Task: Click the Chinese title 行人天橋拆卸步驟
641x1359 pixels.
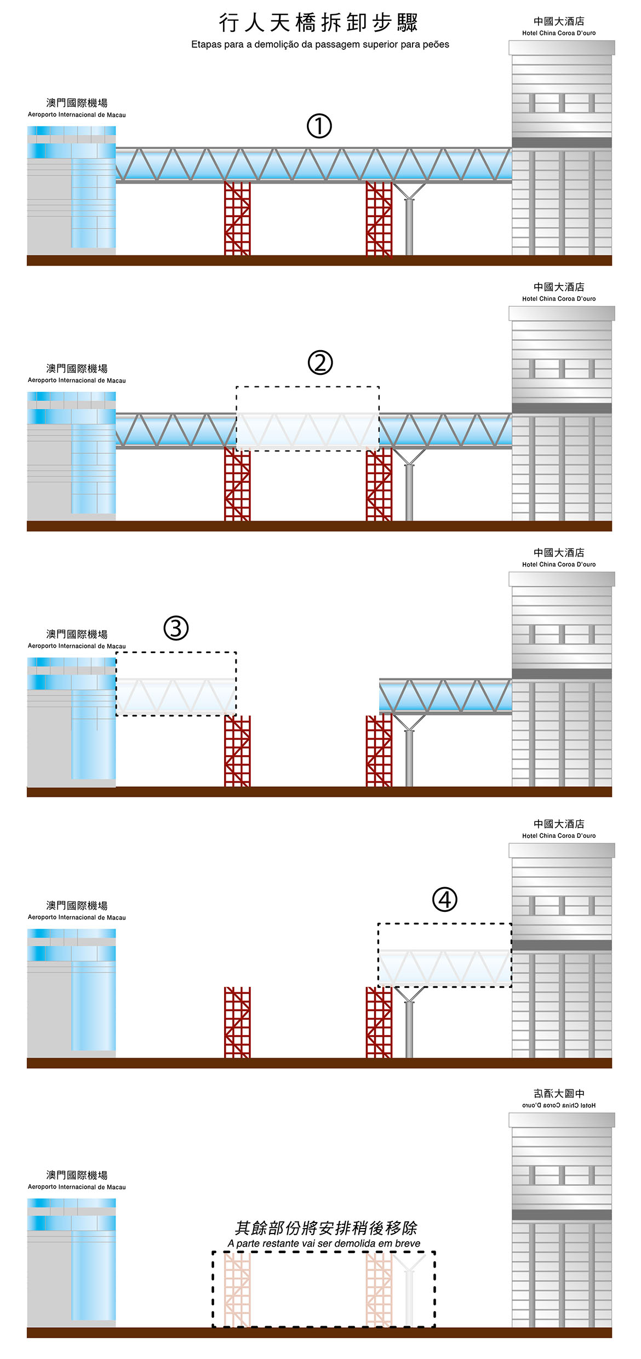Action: click(x=318, y=23)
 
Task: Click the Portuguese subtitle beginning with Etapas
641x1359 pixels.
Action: click(x=320, y=44)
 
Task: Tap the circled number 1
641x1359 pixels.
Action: click(x=319, y=126)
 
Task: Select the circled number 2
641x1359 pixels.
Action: click(x=320, y=363)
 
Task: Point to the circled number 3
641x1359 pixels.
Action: click(x=176, y=628)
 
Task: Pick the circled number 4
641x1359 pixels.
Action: click(x=444, y=899)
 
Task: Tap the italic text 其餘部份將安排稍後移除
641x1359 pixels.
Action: click(x=325, y=1228)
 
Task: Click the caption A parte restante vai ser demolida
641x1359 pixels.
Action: click(x=324, y=1243)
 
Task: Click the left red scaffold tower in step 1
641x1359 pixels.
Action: click(x=237, y=218)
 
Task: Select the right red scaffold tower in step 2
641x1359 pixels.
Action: click(x=379, y=484)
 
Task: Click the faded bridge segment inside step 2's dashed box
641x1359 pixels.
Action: click(x=307, y=430)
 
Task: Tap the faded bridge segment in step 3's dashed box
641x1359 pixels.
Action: click(x=176, y=696)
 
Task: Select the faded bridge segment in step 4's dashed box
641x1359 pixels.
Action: click(x=444, y=967)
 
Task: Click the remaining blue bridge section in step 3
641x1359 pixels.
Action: click(x=445, y=696)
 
